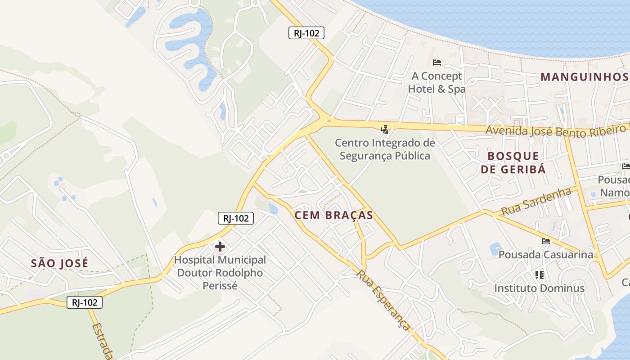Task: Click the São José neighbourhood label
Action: click(60, 263)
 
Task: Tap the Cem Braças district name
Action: click(333, 216)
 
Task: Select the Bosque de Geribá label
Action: click(513, 162)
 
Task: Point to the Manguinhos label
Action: click(584, 77)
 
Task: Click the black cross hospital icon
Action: click(220, 247)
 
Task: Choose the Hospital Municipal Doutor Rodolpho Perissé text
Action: click(220, 273)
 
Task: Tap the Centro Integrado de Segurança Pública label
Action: click(385, 149)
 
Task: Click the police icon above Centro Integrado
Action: click(384, 130)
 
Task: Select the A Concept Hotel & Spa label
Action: click(436, 82)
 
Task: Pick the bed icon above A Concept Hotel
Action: click(436, 63)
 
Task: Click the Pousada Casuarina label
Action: click(546, 255)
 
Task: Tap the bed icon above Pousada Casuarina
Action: click(546, 241)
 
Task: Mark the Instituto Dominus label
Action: click(540, 288)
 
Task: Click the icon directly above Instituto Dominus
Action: click(539, 274)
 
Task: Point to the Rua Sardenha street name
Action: click(536, 202)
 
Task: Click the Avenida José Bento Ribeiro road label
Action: click(556, 131)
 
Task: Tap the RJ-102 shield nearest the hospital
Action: click(236, 218)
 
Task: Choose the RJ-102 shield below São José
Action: click(85, 302)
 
